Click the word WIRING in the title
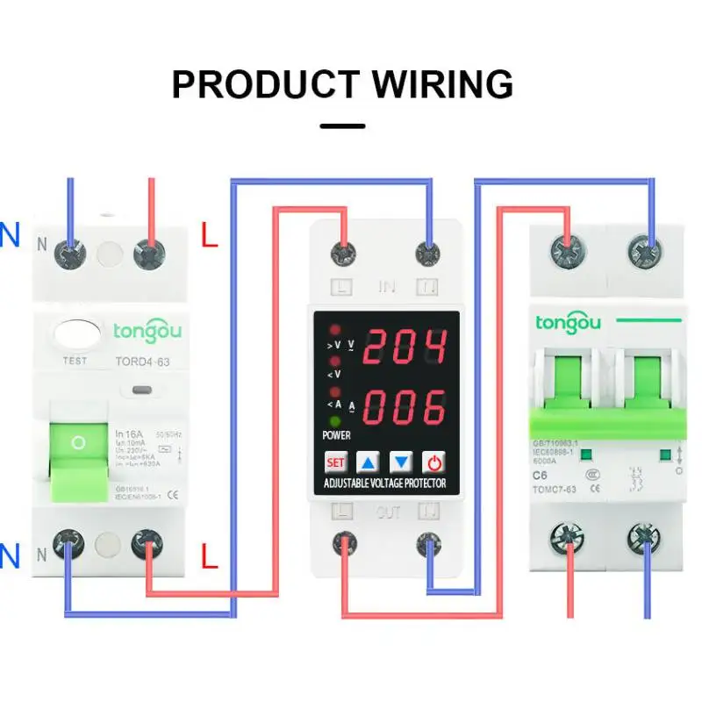pos(443,84)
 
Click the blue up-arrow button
pos(369,462)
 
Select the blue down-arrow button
pos(401,462)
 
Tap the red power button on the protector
pos(433,462)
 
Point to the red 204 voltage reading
pos(405,347)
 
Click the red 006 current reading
pos(405,406)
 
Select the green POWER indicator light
pos(334,420)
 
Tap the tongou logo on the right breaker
pos(569,323)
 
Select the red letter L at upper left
pos(209,235)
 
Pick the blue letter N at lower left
pos(10,555)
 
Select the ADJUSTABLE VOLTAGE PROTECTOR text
pos(385,484)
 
